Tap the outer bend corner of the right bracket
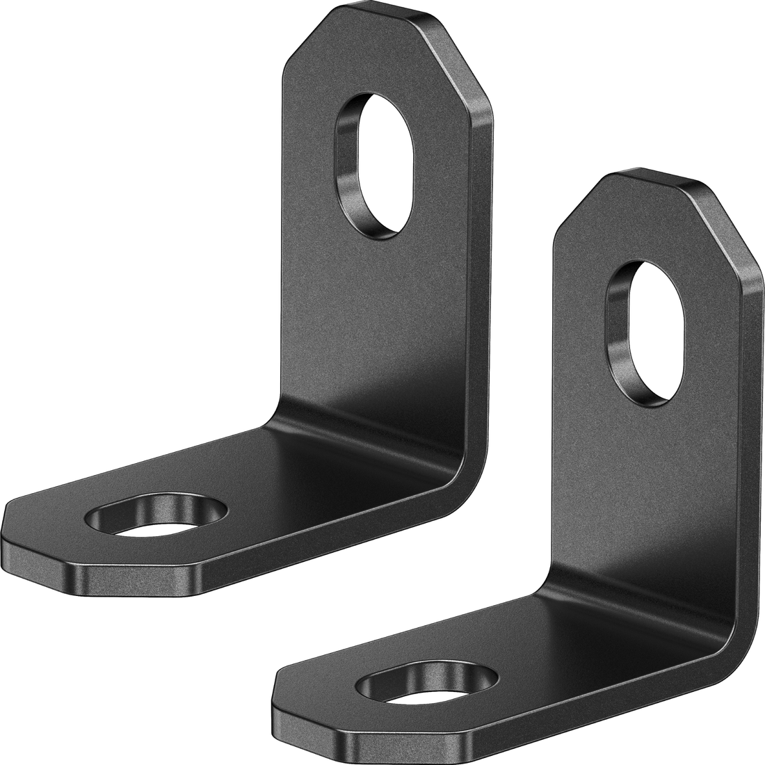point(727,643)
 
